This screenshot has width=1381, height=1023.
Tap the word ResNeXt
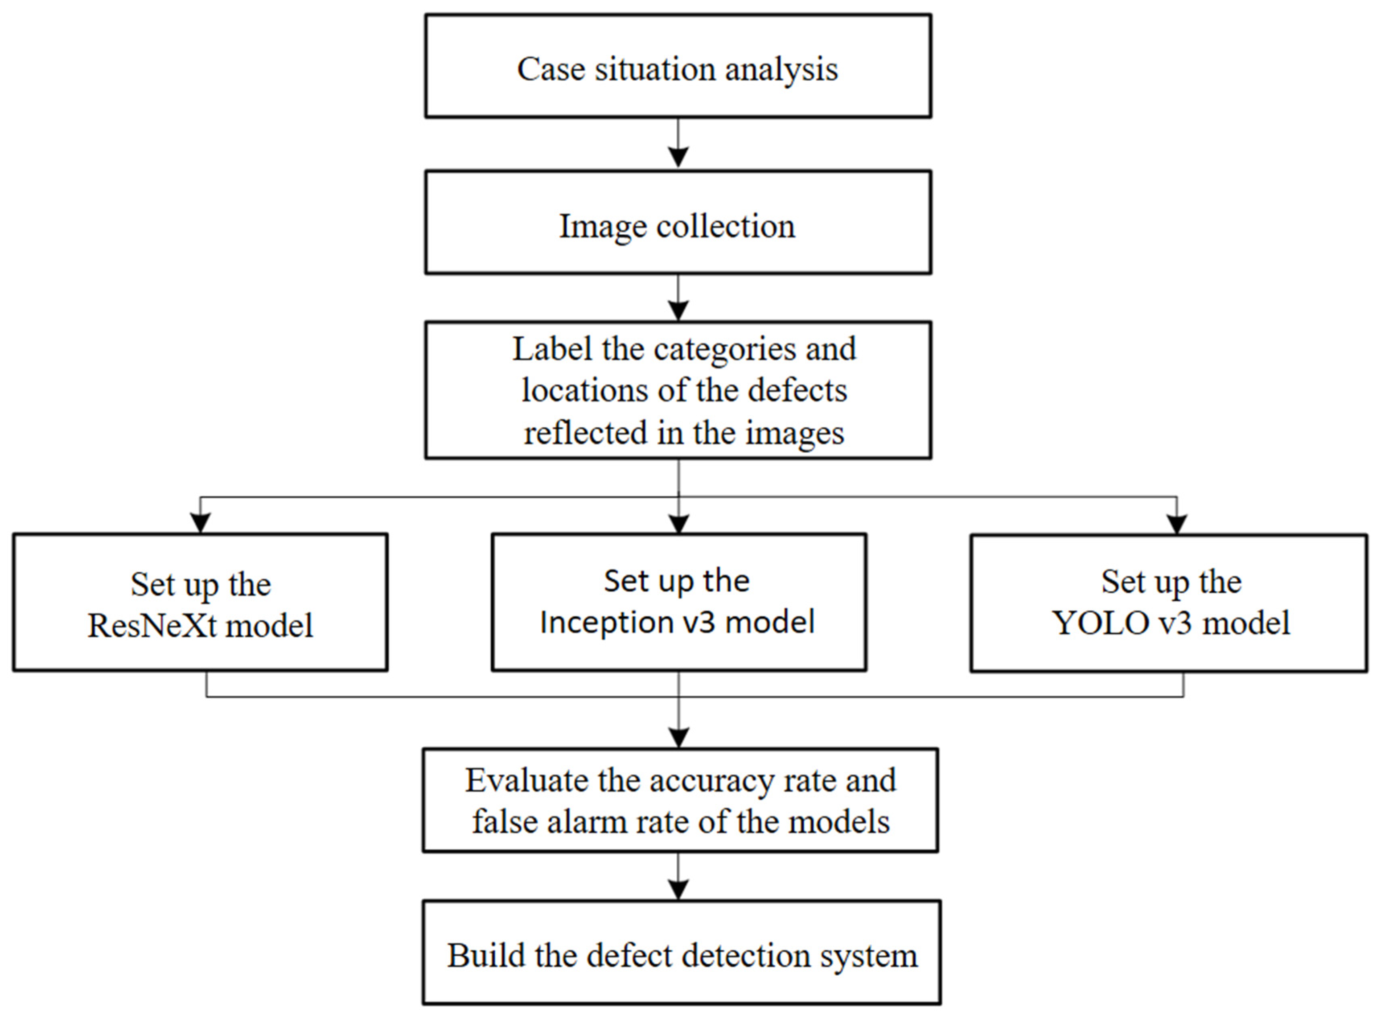pyautogui.click(x=152, y=625)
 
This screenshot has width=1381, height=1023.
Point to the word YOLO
pyautogui.click(x=1100, y=623)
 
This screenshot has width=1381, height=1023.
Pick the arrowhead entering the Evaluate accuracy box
pyautogui.click(x=679, y=737)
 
